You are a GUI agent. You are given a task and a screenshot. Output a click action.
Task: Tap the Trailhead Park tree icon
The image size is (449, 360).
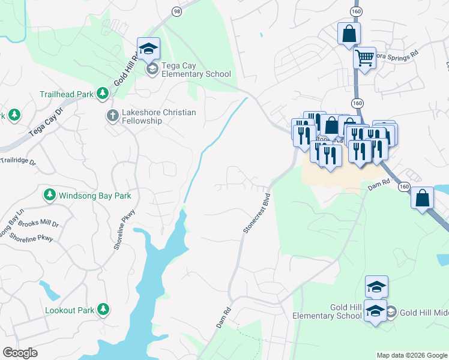[103, 94]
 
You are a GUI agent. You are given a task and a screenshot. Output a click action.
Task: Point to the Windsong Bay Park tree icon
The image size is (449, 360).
[50, 195]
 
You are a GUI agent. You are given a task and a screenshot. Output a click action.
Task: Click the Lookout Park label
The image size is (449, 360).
[69, 310]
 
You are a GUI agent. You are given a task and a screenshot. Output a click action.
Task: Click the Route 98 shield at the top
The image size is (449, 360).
[176, 11]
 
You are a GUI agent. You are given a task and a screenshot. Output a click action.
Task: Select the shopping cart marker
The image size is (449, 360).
[364, 58]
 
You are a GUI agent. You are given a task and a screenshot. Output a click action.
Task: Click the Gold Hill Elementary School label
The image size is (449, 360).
[328, 311]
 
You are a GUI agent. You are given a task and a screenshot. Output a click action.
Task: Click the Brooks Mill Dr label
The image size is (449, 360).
[38, 223]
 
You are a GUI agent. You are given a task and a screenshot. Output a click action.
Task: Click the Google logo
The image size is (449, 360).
[20, 353]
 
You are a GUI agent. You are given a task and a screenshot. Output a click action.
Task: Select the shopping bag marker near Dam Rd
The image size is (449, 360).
[423, 198]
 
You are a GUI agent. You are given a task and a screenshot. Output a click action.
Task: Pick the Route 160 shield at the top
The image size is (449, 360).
[356, 11]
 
